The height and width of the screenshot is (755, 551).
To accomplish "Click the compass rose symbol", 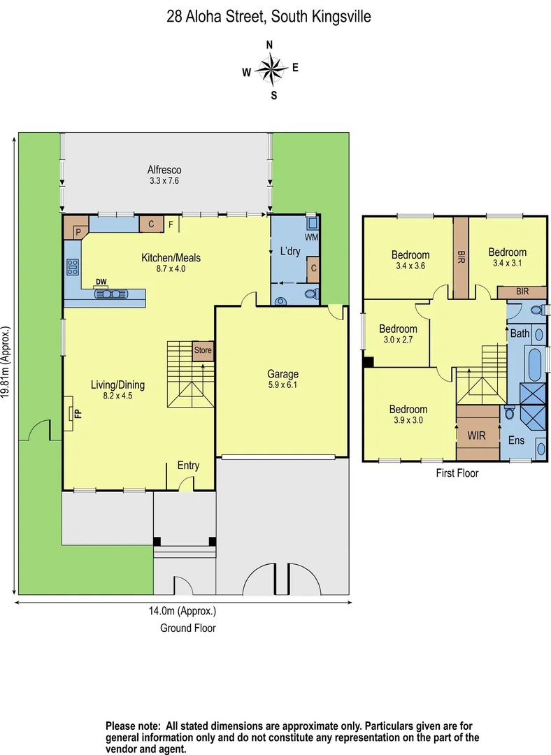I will point(271,69).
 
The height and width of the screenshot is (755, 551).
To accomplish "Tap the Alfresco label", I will point(164,175).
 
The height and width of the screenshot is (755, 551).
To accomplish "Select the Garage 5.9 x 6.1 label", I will point(282,379).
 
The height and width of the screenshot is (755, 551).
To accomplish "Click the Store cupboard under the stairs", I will point(203,350).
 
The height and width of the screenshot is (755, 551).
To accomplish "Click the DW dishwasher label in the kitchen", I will point(101,282).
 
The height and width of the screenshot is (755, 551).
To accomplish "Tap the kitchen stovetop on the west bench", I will point(72,267).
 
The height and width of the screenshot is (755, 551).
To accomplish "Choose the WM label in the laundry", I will point(311,238).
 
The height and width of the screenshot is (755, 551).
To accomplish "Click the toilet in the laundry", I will point(314,294).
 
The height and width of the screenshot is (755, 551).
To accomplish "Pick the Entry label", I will point(188,466).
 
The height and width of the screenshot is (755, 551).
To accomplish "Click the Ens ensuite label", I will point(516,440).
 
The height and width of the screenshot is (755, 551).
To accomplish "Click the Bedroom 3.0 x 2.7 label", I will point(398,334).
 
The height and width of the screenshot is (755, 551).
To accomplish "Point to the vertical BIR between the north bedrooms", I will point(461,255).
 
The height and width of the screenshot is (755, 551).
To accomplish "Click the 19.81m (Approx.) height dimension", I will point(6,362).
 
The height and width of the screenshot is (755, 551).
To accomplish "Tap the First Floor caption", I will point(457,473).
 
